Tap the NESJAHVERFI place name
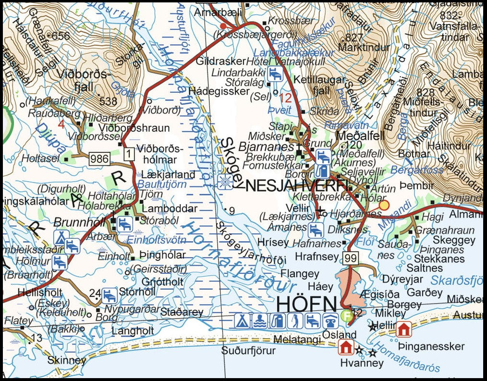coord(297,184)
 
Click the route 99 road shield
coord(351,258)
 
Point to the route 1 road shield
coord(128,154)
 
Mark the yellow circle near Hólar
coord(384,206)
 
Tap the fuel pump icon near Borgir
coord(320,170)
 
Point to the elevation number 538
coord(109,101)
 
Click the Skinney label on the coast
coord(67,360)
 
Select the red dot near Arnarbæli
coord(222,25)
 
